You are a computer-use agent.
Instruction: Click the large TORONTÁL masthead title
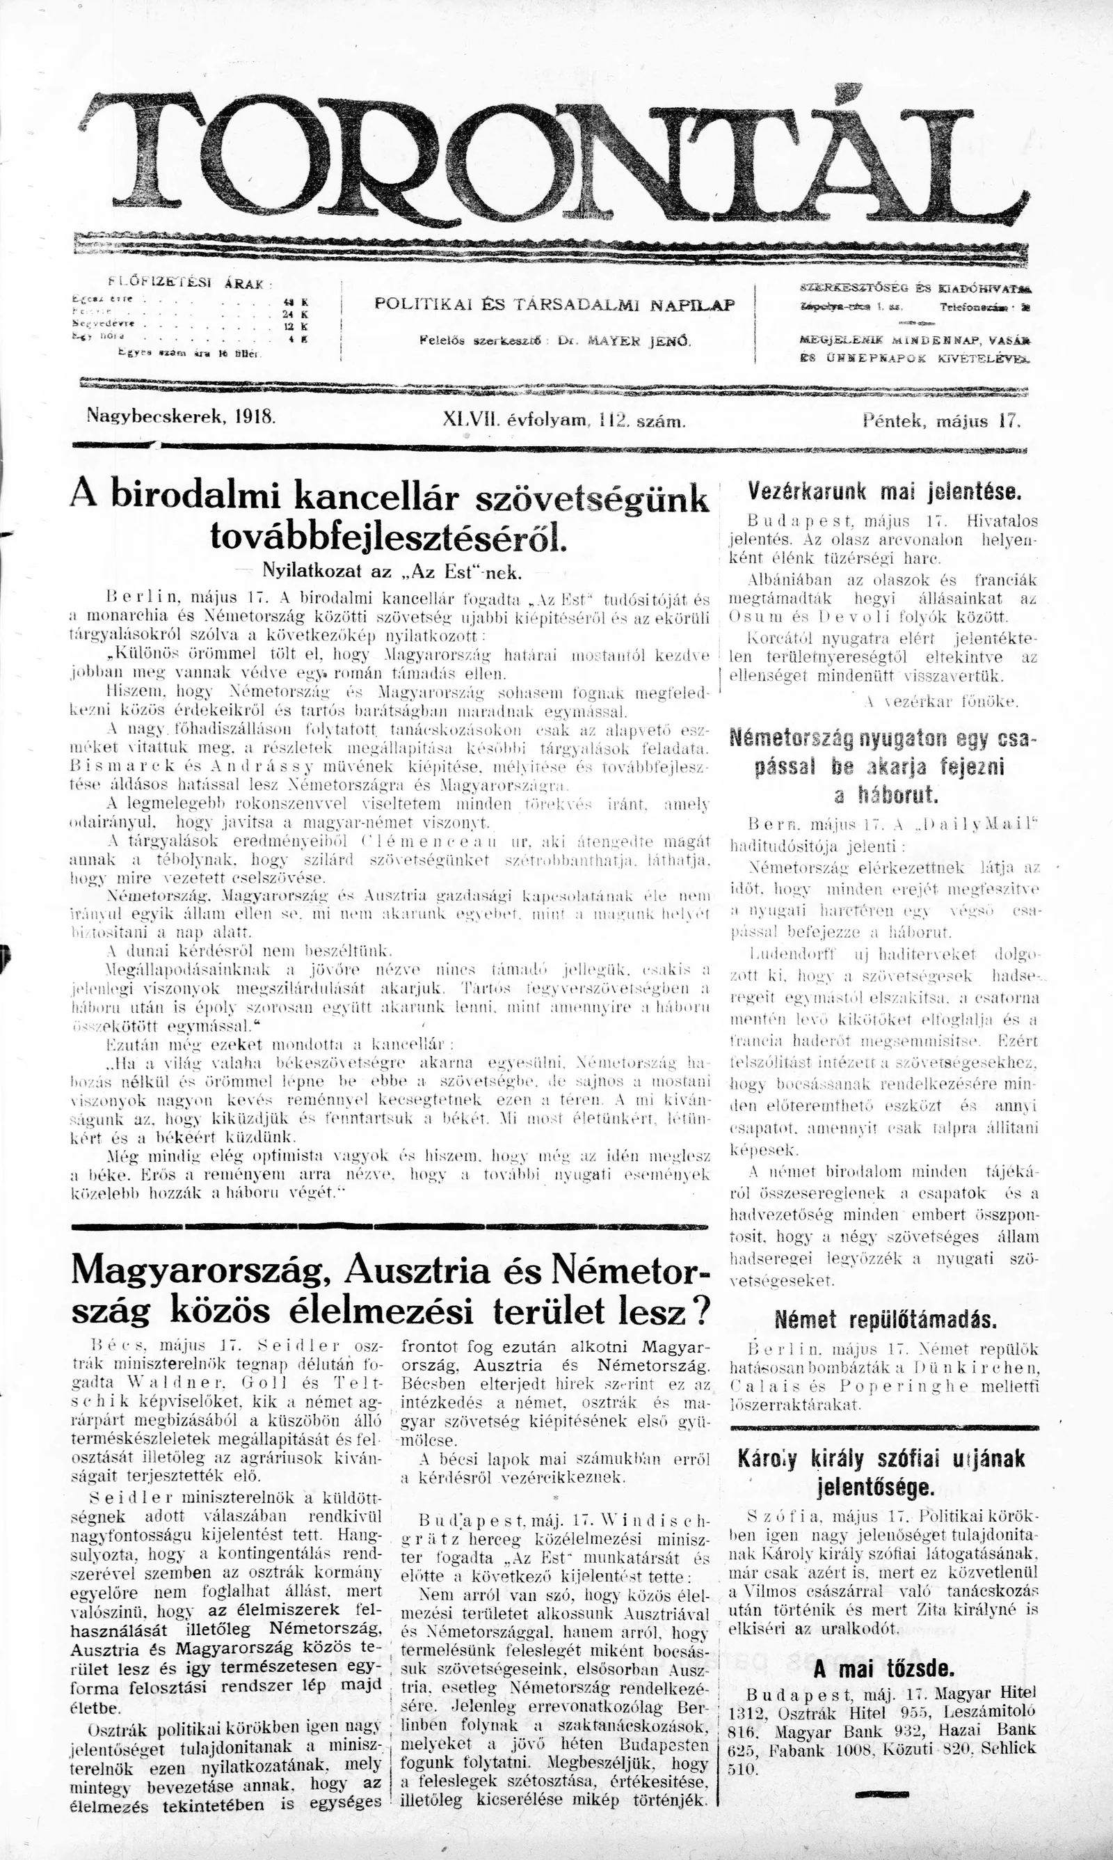[x=555, y=154]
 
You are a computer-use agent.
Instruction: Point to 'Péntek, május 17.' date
[x=942, y=420]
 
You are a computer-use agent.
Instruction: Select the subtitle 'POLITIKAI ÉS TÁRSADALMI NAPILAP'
[x=554, y=305]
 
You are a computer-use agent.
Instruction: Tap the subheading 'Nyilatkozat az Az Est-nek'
[x=381, y=572]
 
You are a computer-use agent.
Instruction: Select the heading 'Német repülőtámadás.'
[x=885, y=1319]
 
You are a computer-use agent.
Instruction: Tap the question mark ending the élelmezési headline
[x=699, y=1311]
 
